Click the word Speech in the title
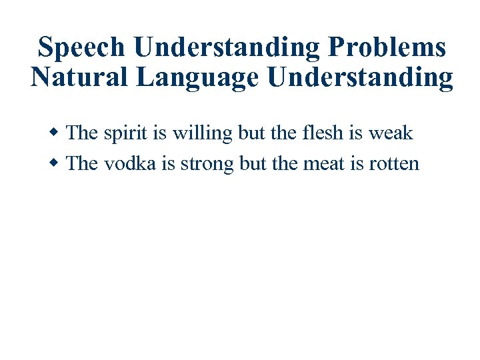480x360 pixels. click(81, 48)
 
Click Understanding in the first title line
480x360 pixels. click(228, 48)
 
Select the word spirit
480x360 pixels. click(125, 133)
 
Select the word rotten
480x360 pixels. click(393, 163)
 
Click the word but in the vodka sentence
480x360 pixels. click(252, 163)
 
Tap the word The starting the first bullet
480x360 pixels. click(83, 133)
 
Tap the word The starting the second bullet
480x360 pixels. click(83, 163)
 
